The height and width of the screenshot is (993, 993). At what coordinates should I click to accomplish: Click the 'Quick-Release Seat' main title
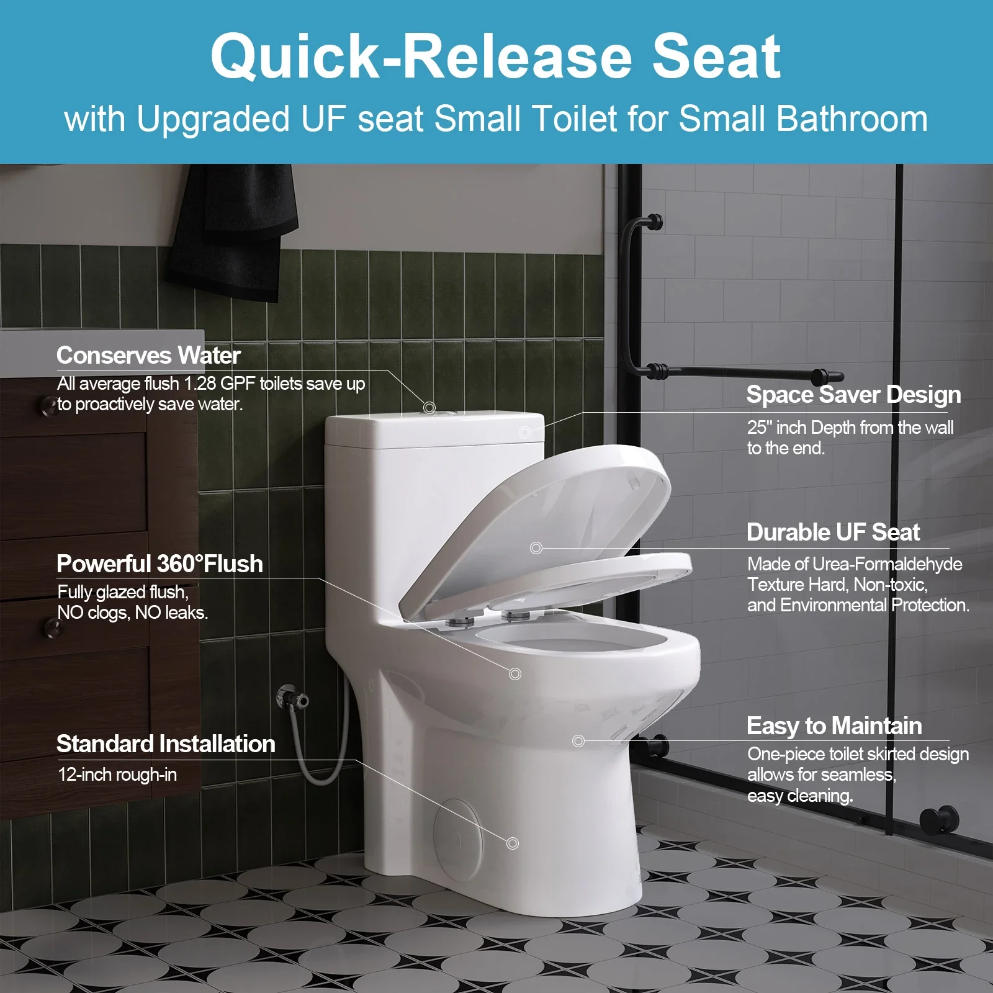click(495, 57)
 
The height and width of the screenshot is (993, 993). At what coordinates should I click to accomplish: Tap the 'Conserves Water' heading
click(148, 356)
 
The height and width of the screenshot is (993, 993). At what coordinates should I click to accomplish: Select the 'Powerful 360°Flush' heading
click(160, 564)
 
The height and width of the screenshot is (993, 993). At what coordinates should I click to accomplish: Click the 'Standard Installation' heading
click(166, 744)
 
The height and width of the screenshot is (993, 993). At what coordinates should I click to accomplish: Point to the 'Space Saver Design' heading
click(853, 395)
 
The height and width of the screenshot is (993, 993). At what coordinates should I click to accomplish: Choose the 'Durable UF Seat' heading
click(833, 532)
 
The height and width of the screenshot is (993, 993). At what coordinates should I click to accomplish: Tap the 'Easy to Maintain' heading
click(834, 726)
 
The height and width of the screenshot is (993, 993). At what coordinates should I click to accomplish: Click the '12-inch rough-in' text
click(117, 775)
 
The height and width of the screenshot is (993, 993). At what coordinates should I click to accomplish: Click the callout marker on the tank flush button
click(429, 408)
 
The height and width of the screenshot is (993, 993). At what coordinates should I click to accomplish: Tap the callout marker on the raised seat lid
click(536, 548)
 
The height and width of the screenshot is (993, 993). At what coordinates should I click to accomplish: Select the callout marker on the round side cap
click(513, 843)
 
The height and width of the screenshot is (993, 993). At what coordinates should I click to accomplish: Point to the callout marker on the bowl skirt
click(578, 740)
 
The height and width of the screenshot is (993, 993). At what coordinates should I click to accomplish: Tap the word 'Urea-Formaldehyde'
click(887, 564)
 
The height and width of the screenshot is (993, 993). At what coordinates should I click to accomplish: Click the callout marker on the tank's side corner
click(525, 432)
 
